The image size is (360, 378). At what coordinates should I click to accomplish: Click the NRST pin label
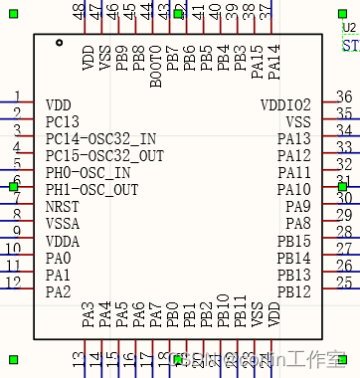click(x=63, y=207)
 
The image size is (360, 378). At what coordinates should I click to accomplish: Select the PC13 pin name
click(x=62, y=121)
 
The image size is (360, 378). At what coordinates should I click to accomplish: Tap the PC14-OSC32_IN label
click(x=100, y=138)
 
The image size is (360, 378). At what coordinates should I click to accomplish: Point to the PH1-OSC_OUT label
click(x=92, y=189)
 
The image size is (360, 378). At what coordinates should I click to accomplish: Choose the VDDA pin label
click(x=63, y=241)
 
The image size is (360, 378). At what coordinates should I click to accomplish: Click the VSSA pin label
click(x=63, y=224)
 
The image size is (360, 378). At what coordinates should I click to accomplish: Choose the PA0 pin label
click(x=59, y=258)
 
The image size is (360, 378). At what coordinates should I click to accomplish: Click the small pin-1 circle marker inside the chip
click(x=60, y=43)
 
